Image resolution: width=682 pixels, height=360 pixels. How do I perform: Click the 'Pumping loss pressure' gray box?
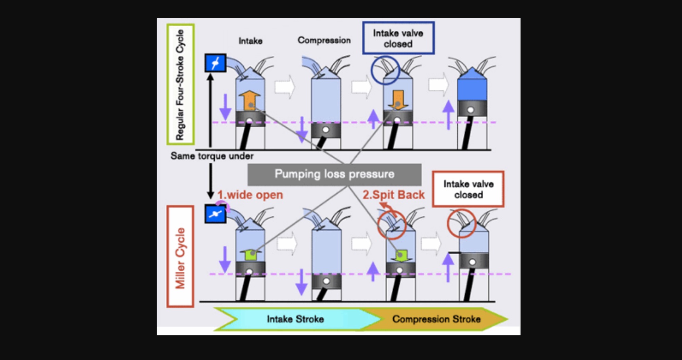[334, 174]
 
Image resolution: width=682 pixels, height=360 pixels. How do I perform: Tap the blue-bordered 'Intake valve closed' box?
[398, 38]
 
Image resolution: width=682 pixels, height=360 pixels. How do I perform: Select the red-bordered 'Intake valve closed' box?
[468, 189]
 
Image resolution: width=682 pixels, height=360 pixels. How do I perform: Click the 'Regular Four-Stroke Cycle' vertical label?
[180, 84]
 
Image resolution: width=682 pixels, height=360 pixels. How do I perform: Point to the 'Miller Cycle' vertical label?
[180, 257]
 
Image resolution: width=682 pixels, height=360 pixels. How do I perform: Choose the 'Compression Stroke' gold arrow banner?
[436, 319]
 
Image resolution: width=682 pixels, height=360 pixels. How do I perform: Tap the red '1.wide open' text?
[250, 195]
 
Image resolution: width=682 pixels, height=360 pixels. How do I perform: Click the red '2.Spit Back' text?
[393, 195]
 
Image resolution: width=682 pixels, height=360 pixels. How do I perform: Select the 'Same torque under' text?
[212, 156]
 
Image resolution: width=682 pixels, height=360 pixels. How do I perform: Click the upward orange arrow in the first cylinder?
[250, 99]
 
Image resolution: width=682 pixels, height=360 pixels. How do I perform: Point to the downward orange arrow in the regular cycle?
[398, 99]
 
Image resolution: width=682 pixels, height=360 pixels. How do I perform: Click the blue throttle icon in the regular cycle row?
[216, 63]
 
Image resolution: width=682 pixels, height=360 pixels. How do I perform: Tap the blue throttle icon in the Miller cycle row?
[216, 214]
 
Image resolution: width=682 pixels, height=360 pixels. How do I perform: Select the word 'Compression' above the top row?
[324, 40]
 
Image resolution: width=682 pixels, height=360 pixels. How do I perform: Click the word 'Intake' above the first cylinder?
[251, 41]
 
